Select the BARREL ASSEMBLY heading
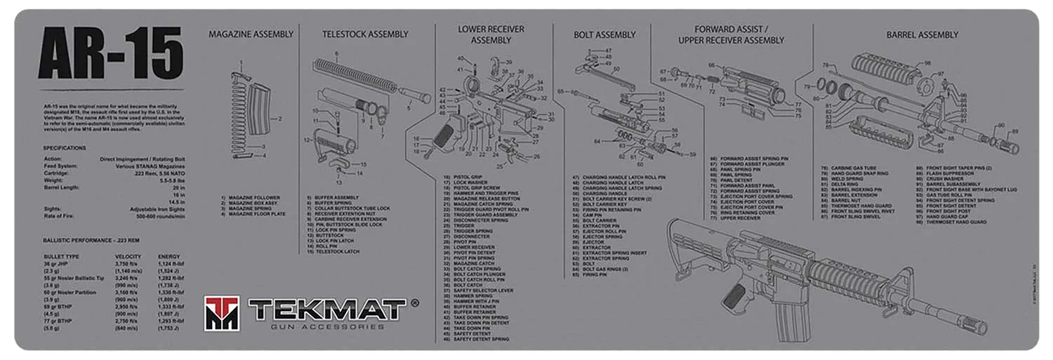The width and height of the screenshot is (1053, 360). [922, 34]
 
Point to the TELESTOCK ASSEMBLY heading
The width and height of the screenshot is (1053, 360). [364, 34]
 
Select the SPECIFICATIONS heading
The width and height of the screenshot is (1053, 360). [65, 148]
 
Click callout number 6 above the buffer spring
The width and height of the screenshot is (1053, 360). [336, 54]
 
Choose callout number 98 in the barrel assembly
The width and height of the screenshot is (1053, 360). [927, 63]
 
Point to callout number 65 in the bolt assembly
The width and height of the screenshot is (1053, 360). [561, 92]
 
